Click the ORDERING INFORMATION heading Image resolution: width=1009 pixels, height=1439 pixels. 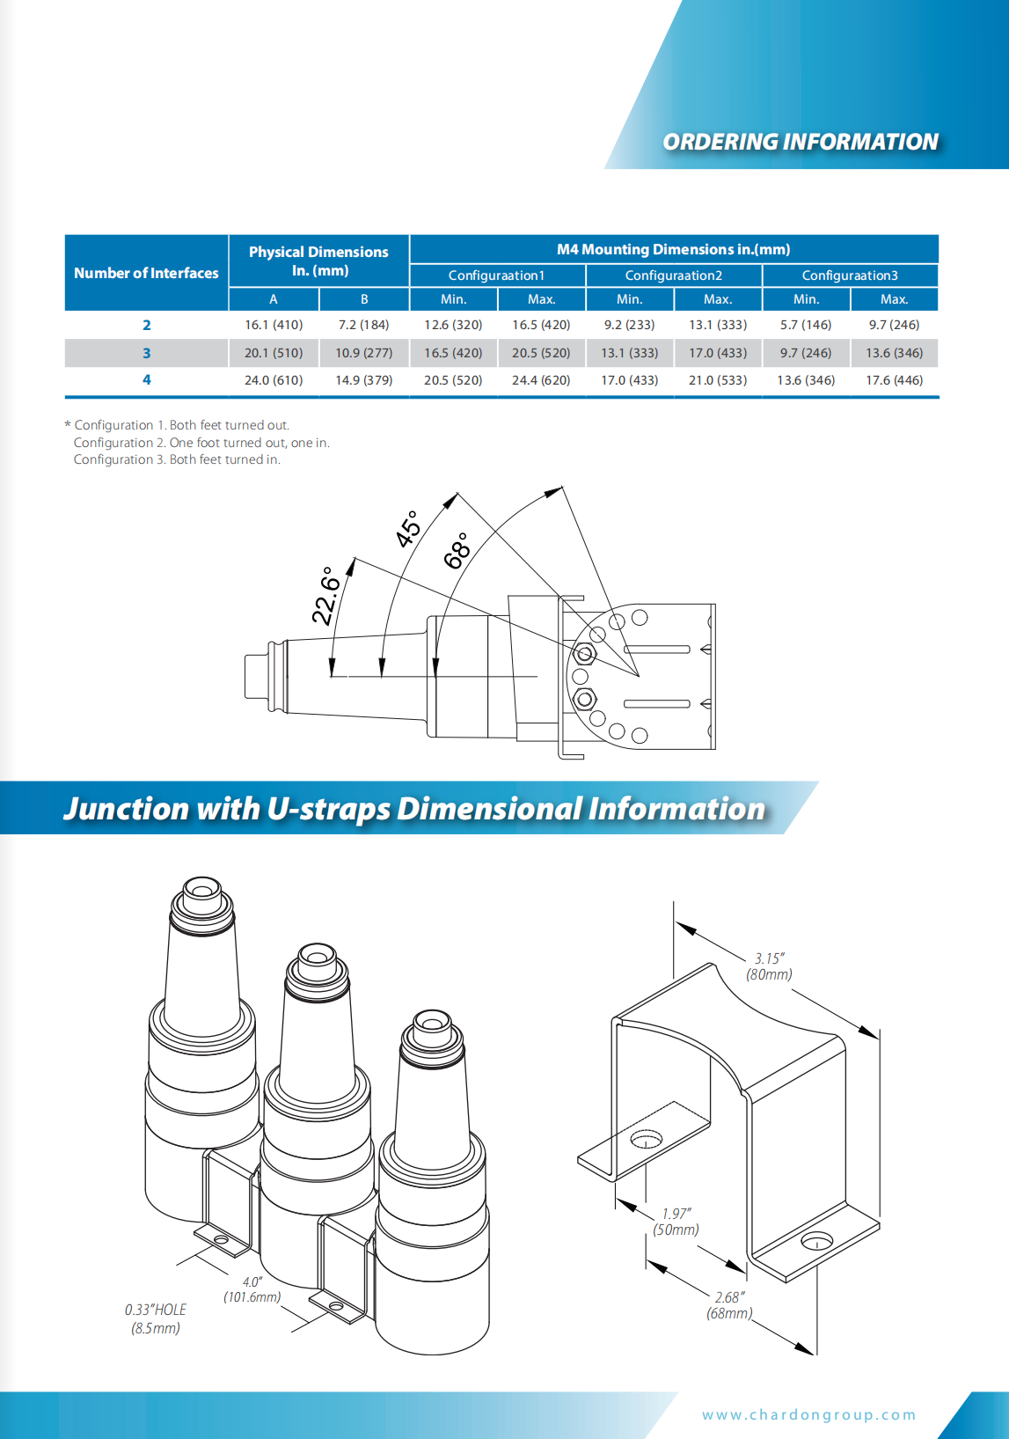pyautogui.click(x=800, y=142)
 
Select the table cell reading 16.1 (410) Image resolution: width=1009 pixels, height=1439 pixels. pyautogui.click(x=274, y=325)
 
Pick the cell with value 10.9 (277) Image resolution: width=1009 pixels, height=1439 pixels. pyautogui.click(x=363, y=353)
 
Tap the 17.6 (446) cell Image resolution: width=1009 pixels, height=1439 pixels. pyautogui.click(x=894, y=380)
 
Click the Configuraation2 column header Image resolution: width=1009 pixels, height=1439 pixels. pyautogui.click(x=673, y=275)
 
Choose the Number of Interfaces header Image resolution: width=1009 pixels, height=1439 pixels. pyautogui.click(x=146, y=273)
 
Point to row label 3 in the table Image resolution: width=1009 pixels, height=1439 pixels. pyautogui.click(x=147, y=353)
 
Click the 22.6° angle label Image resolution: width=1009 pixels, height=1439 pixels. pyautogui.click(x=326, y=595)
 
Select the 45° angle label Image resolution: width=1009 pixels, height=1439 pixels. pyautogui.click(x=408, y=529)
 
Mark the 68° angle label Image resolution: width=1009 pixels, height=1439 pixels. pyautogui.click(x=457, y=551)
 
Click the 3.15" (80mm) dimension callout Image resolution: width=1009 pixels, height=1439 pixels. pyautogui.click(x=769, y=966)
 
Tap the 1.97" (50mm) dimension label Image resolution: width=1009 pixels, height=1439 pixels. pyautogui.click(x=676, y=1222)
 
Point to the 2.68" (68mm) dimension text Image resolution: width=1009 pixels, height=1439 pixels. pyautogui.click(x=729, y=1305)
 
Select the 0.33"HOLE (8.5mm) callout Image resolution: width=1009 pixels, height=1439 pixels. pyautogui.click(x=156, y=1318)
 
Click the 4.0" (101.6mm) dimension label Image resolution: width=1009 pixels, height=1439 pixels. pyautogui.click(x=252, y=1289)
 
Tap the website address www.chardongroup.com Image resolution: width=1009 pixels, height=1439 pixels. pyautogui.click(x=808, y=1414)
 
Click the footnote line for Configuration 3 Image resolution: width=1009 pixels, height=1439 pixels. pyautogui.click(x=177, y=459)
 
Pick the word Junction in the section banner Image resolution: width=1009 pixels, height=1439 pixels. pyautogui.click(x=126, y=808)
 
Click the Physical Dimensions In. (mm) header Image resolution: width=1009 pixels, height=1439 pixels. pyautogui.click(x=318, y=261)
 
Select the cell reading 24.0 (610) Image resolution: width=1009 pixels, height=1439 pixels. pyautogui.click(x=274, y=380)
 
